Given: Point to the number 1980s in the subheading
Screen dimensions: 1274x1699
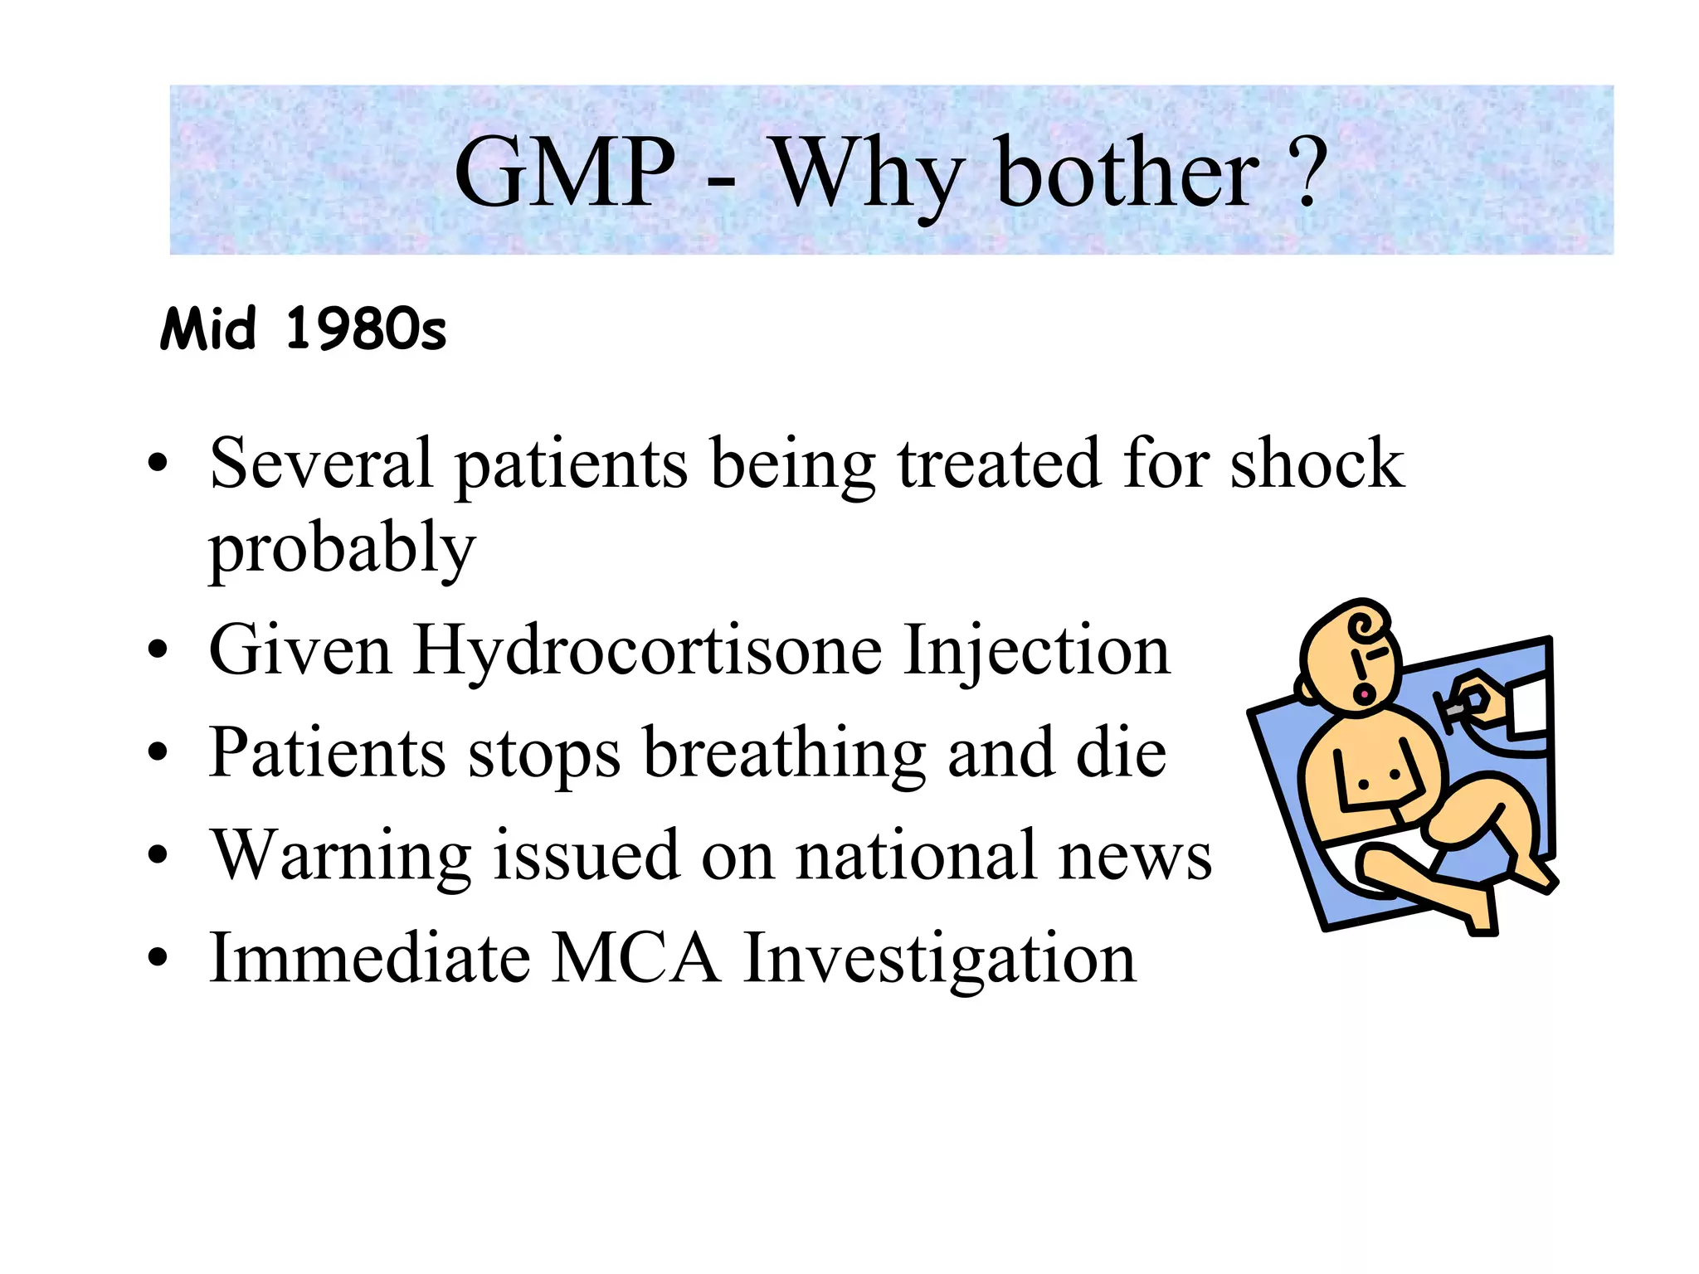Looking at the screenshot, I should coord(365,330).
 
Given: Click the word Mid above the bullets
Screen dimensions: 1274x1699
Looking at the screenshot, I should coord(208,330).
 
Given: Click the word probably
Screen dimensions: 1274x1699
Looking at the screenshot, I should coord(342,549).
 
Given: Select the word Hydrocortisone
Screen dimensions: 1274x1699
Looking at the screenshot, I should coord(647,651).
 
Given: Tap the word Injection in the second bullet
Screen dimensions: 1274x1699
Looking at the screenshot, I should coord(1037,651).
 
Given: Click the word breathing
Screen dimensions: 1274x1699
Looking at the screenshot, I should coord(784,753).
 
